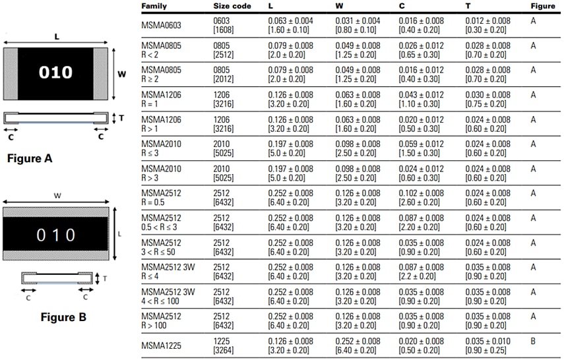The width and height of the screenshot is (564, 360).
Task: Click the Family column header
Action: tap(154, 6)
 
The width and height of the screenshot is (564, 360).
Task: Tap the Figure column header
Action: tap(543, 6)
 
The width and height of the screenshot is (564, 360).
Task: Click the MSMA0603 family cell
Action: tap(161, 25)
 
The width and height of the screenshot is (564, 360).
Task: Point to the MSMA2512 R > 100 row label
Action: tap(161, 320)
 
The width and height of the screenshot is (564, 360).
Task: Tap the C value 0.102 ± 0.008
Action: tap(421, 193)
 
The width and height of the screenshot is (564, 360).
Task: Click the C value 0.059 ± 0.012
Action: tap(421, 144)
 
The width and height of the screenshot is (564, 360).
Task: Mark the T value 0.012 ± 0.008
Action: tap(487, 21)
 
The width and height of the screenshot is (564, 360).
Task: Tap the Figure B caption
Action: tap(63, 317)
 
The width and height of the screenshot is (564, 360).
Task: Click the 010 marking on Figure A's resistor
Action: tap(55, 73)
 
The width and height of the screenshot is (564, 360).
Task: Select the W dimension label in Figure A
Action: tap(121, 75)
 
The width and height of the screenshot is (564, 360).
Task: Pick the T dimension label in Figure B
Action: tap(104, 278)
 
